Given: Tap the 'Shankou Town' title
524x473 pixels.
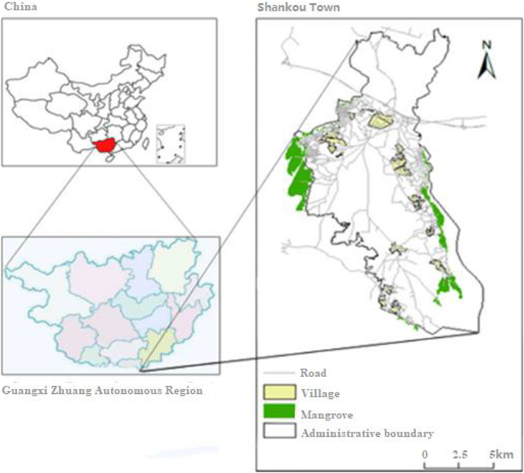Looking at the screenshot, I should (x=299, y=7).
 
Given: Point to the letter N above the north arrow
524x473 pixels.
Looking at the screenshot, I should (x=486, y=45).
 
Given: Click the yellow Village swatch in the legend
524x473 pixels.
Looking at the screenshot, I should (x=279, y=392).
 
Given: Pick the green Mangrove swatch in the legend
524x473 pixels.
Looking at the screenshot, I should (x=279, y=411).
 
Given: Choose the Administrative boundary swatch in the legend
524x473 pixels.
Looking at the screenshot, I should (x=279, y=431).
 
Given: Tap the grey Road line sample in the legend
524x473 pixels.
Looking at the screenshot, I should (x=279, y=373).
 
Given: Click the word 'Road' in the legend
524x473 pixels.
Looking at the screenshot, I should (x=313, y=373).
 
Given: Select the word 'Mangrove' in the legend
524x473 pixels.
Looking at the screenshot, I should (x=327, y=415).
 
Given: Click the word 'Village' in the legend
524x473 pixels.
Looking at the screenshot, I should (x=320, y=394).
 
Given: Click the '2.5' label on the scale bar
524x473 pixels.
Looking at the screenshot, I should (x=460, y=454).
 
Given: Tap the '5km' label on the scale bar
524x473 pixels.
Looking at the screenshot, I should (x=501, y=454).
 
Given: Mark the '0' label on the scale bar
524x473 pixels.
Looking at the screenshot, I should (x=425, y=454).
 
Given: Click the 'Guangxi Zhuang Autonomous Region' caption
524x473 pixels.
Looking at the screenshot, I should (x=102, y=391).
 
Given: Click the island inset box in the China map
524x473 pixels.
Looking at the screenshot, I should (x=171, y=144).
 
